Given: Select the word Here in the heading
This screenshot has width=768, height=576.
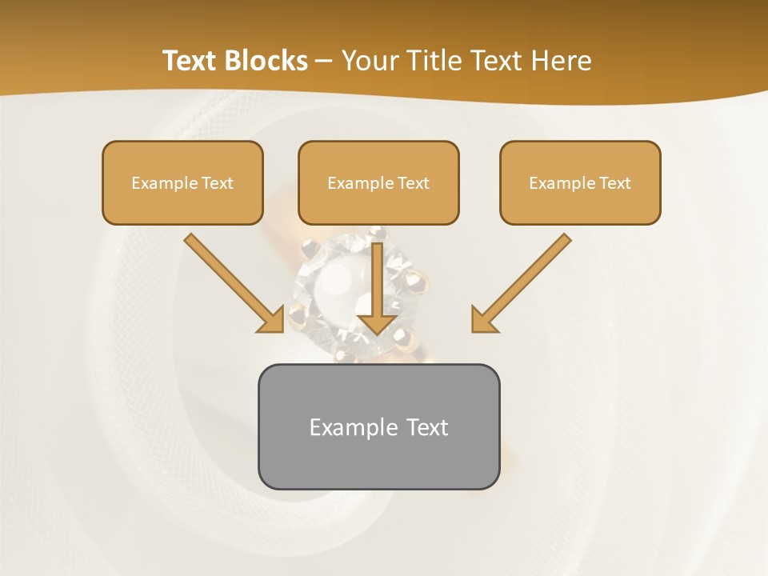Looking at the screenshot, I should coord(563,61).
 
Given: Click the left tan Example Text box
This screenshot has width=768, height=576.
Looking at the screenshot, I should coord(182,182).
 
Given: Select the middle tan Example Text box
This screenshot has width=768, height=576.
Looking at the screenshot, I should coord(378,182).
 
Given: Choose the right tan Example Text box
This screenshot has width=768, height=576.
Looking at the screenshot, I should coord(580,182).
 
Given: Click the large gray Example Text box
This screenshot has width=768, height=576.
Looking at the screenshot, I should coord(378,426).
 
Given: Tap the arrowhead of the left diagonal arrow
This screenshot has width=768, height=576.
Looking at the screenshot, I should coord(271,321).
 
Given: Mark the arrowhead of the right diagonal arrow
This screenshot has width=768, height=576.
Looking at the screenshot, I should coord(483,321).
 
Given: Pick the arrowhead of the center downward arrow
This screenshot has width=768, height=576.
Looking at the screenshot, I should coord(378,322).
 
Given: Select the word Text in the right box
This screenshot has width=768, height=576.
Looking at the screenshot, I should coord(615,183).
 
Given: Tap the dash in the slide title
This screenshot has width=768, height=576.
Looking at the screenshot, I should coord(324,61).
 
